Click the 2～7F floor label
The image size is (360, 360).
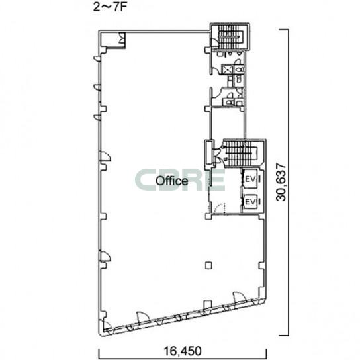(x=110, y=7)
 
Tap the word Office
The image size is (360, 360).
(x=172, y=181)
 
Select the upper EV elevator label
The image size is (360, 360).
(x=250, y=179)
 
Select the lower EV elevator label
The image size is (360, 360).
(x=250, y=202)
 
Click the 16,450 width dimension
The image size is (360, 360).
(x=183, y=351)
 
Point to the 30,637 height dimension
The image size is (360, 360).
(x=281, y=183)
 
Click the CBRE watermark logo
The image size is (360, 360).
(x=179, y=180)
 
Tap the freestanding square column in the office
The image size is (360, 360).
(x=208, y=265)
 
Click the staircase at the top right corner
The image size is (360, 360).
(x=230, y=37)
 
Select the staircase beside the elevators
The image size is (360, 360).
(x=241, y=154)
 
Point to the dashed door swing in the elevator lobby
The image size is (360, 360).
(x=218, y=208)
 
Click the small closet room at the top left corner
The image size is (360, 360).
(x=113, y=40)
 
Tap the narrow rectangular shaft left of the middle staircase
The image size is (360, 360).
(x=209, y=152)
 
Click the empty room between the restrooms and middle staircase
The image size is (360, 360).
(x=227, y=123)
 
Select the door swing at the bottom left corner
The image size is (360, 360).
(x=107, y=326)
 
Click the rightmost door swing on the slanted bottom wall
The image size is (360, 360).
(x=240, y=297)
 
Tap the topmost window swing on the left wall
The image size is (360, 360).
(x=97, y=58)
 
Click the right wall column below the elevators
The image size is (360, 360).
(x=262, y=265)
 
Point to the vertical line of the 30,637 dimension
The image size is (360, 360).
(x=288, y=183)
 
